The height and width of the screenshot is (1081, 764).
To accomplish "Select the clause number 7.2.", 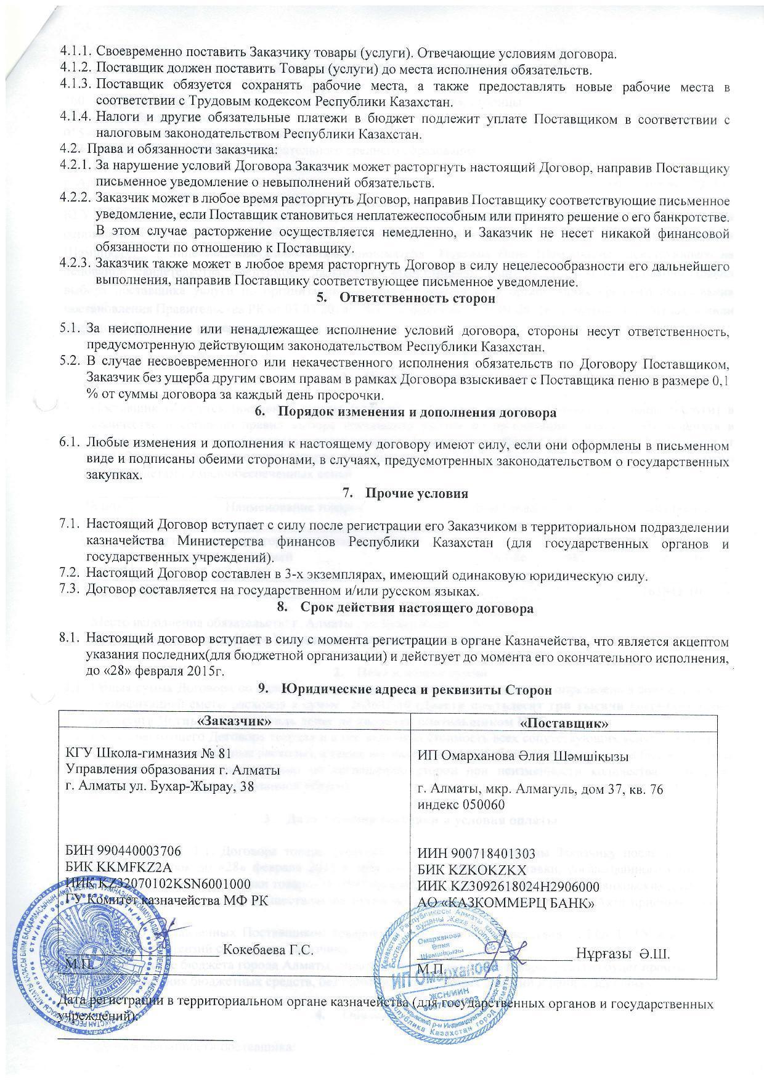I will tap(70, 576).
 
